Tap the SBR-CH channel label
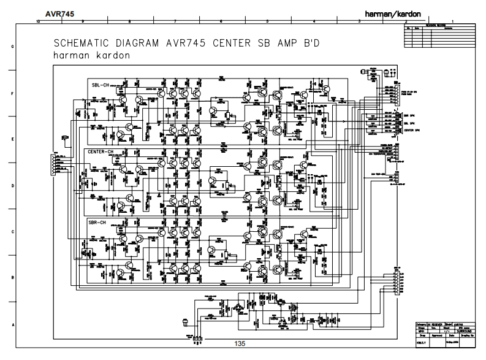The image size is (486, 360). click(98, 221)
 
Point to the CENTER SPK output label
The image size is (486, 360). click(411, 131)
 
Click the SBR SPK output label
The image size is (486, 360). click(408, 115)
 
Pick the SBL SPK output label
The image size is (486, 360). click(408, 123)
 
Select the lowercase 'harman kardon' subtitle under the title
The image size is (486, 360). click(92, 56)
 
